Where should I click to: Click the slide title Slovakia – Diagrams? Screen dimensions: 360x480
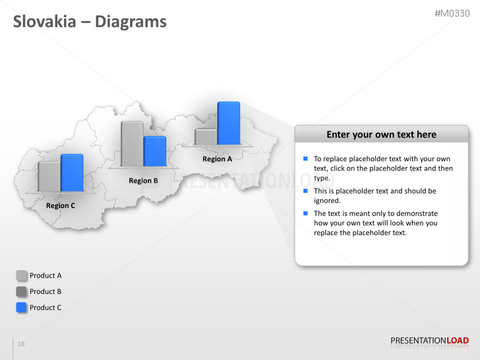(x=90, y=22)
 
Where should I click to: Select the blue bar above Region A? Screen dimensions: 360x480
(x=228, y=123)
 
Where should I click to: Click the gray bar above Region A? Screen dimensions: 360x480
(x=206, y=137)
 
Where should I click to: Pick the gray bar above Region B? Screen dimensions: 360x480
(x=132, y=143)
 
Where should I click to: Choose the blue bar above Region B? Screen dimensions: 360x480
(x=154, y=151)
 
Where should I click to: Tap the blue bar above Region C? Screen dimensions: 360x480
(x=72, y=172)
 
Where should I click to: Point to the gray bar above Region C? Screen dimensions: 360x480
(x=49, y=176)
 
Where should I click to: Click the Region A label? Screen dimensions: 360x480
(x=217, y=159)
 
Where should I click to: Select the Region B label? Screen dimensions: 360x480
(x=143, y=180)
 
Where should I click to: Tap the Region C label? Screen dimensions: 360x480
(x=61, y=205)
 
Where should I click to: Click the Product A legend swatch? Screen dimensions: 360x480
(x=21, y=275)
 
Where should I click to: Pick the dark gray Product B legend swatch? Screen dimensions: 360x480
(x=21, y=291)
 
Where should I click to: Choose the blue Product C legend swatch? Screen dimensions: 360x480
(x=21, y=307)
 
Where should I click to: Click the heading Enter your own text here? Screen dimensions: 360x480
(x=381, y=135)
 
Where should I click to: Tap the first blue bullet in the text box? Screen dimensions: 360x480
(x=306, y=159)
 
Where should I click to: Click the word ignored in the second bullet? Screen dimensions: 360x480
(x=327, y=200)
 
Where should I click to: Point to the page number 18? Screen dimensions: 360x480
(x=21, y=344)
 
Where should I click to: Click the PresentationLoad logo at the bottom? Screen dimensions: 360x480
(x=429, y=342)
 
